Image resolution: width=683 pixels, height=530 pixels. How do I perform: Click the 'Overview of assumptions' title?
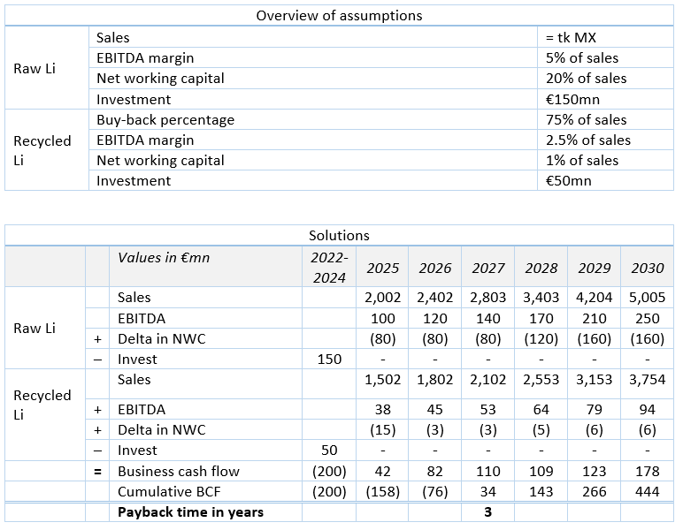(x=339, y=16)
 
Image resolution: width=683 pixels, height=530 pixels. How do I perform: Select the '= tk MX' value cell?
(x=571, y=37)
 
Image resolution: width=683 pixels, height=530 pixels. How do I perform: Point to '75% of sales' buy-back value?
(x=587, y=119)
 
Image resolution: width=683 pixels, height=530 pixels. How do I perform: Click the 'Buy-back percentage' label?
(x=165, y=120)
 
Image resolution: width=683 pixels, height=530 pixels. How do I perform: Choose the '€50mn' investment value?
(x=569, y=181)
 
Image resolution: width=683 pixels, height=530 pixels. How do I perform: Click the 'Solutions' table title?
(x=339, y=236)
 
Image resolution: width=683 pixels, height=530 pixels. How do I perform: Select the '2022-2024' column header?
(x=329, y=268)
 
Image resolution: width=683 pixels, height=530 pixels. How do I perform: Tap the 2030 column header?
(x=648, y=268)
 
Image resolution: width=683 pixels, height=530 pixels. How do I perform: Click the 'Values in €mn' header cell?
(x=164, y=257)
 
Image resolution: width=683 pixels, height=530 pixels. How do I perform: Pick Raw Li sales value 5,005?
(x=648, y=298)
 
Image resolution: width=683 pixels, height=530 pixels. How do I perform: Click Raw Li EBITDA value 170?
(x=541, y=319)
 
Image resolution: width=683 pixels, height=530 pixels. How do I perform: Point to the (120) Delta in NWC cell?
(x=541, y=339)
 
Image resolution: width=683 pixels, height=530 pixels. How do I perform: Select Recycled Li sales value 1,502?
(x=382, y=380)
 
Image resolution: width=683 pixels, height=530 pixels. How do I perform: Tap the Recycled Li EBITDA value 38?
(x=382, y=410)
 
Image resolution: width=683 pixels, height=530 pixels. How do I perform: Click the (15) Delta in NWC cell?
(x=382, y=430)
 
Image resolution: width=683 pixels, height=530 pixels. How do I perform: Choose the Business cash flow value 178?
(x=648, y=472)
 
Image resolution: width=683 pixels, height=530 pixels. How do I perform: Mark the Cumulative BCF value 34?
(x=487, y=492)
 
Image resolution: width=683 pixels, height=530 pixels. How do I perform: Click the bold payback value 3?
(x=487, y=512)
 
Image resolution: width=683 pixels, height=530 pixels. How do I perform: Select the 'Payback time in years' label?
(x=191, y=512)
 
